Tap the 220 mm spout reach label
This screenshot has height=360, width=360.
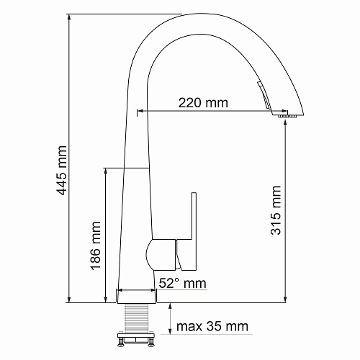203,103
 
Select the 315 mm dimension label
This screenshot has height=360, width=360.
276,210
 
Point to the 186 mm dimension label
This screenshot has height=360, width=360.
95,246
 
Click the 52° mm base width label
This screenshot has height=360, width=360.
182,283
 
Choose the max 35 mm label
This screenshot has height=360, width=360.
212,326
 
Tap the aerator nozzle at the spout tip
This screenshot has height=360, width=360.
287,117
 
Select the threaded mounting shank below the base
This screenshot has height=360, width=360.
136,318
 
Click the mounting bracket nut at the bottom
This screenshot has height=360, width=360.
135,339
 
